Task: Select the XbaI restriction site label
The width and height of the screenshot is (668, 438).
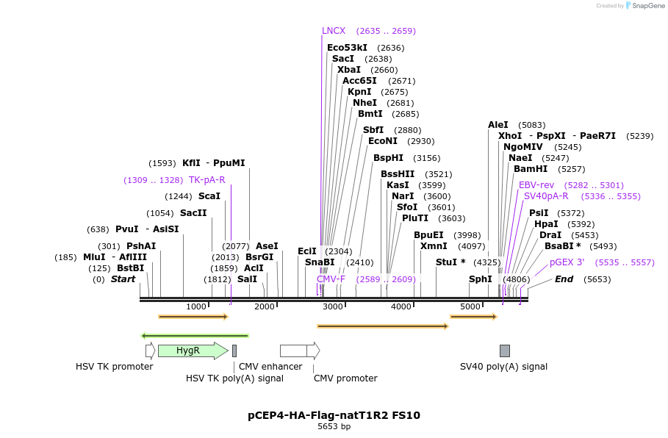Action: click(x=348, y=70)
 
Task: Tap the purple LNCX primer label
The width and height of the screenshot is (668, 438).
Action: click(x=334, y=31)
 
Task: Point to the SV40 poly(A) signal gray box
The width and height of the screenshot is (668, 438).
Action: click(x=504, y=351)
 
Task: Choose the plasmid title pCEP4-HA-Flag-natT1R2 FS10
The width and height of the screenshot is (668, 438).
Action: click(x=334, y=415)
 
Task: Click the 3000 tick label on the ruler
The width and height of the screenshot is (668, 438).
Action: click(x=333, y=306)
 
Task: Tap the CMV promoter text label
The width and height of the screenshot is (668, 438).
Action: click(x=345, y=378)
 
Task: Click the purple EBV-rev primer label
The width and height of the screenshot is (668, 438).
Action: click(x=536, y=185)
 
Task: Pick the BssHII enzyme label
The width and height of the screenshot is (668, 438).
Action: click(x=398, y=174)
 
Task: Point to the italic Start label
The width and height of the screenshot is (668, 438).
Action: click(x=123, y=279)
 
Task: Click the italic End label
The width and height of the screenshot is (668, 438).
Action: click(x=564, y=279)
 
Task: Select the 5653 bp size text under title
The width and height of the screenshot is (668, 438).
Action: click(x=334, y=427)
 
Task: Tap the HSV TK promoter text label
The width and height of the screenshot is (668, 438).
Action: click(x=115, y=366)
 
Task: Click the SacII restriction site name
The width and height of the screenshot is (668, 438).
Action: click(x=193, y=213)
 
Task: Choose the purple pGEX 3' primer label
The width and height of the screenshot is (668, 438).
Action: click(x=567, y=262)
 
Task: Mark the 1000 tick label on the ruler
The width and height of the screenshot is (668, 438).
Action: click(x=196, y=306)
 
